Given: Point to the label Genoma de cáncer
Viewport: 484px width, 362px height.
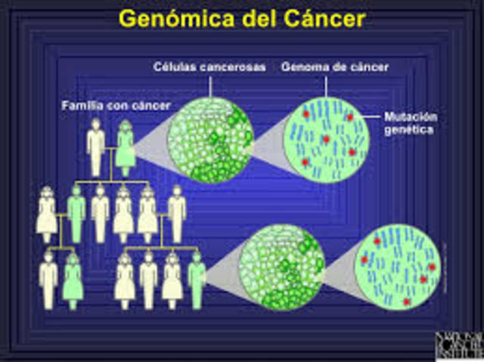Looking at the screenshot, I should (335, 67).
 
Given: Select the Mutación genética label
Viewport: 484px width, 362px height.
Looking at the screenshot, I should (411, 124).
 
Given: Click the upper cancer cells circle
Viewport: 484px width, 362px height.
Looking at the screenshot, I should (209, 140).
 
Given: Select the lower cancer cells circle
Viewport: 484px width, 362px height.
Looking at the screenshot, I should (281, 268).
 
